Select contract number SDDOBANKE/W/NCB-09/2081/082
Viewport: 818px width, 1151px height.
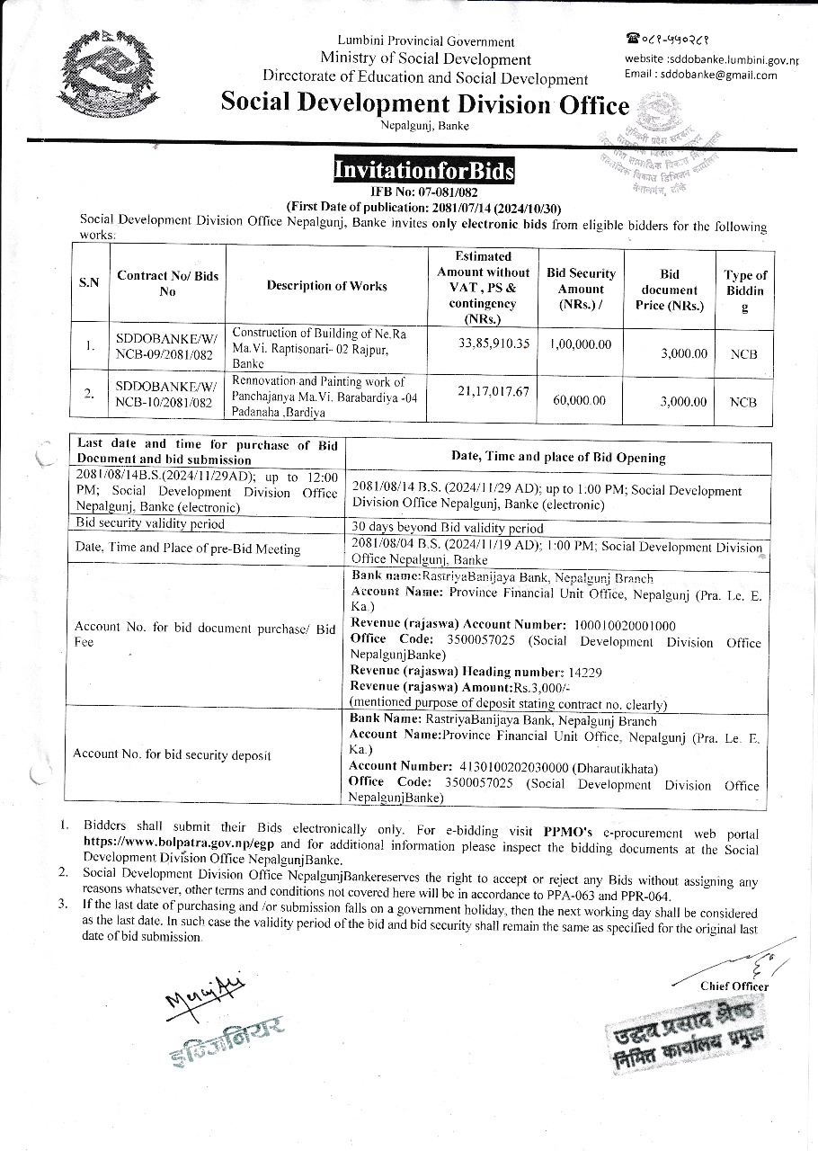[167, 346]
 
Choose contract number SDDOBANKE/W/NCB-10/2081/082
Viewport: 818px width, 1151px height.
[167, 395]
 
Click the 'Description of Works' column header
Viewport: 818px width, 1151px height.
[327, 286]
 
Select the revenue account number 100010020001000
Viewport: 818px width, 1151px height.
[625, 625]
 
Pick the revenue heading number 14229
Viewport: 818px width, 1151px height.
[584, 673]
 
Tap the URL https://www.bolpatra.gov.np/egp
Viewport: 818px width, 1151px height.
[180, 843]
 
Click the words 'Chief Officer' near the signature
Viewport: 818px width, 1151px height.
[734, 986]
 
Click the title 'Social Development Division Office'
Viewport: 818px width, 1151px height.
[425, 105]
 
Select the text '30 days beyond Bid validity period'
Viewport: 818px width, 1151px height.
[448, 528]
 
